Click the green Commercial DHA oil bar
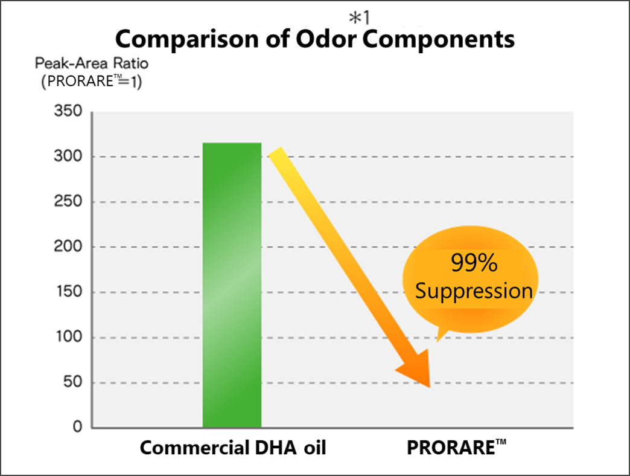(232, 285)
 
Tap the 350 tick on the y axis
(68, 111)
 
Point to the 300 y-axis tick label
(68, 156)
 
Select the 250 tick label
(68, 201)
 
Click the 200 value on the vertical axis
(68, 246)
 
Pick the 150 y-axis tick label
(69, 292)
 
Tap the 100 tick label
(69, 336)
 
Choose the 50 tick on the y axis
(73, 382)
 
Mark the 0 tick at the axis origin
(78, 426)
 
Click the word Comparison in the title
(187, 39)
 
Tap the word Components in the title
(439, 39)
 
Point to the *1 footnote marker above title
(360, 18)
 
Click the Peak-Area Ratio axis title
(92, 63)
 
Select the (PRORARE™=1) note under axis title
(92, 81)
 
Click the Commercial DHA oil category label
(233, 448)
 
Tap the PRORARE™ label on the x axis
(456, 448)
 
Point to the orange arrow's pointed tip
(430, 387)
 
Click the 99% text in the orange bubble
(474, 263)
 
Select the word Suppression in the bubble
(474, 291)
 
